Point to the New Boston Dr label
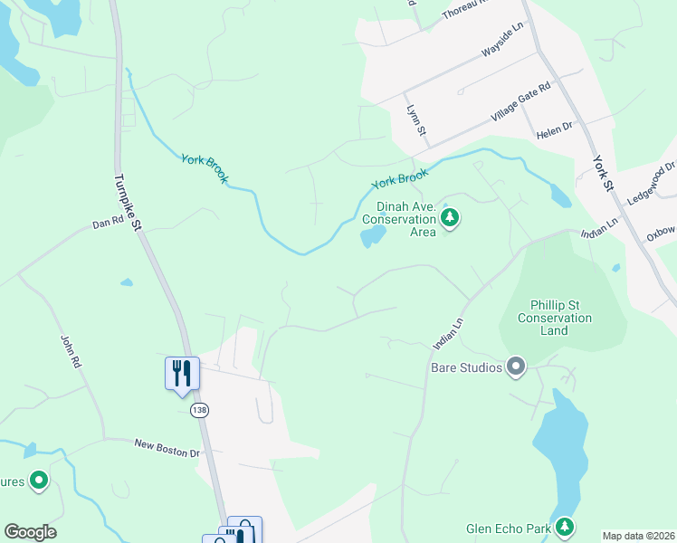click(x=166, y=447)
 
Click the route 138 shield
click(x=199, y=411)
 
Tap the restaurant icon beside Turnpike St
click(x=181, y=372)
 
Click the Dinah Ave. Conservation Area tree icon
click(x=450, y=217)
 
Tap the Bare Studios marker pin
click(x=516, y=367)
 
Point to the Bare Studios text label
click(x=465, y=367)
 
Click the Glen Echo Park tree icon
click(x=565, y=526)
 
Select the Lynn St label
click(x=416, y=120)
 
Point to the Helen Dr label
click(x=554, y=129)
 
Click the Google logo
click(x=30, y=532)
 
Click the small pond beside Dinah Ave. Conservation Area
click(x=373, y=237)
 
